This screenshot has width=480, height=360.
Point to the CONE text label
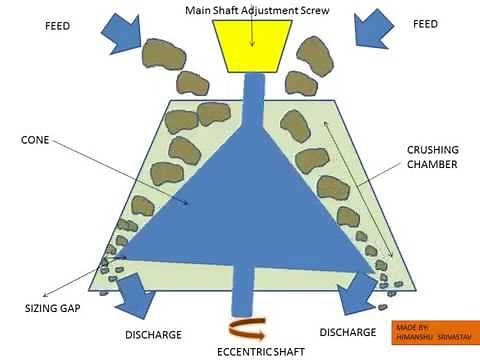tap(37, 141)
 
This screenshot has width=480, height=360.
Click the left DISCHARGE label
tap(155, 333)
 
